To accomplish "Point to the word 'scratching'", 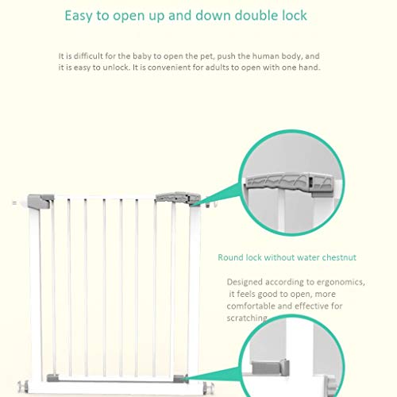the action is click(x=247, y=318).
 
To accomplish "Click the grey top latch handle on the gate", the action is click(x=178, y=198).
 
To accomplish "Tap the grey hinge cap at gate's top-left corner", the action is click(x=40, y=201).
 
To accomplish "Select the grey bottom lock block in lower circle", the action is click(x=270, y=368).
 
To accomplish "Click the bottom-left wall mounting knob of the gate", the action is click(x=23, y=387).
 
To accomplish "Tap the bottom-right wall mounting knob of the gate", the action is click(x=209, y=387).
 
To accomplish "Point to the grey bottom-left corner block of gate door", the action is click(x=52, y=378).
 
